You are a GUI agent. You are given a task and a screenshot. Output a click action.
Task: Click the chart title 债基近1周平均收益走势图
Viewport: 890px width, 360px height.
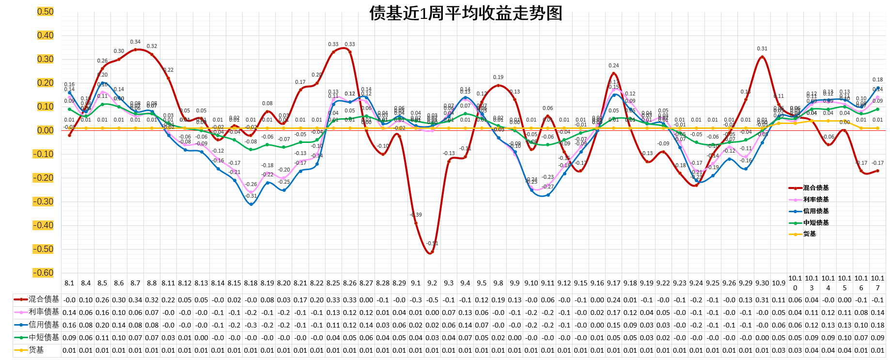click(x=466, y=13)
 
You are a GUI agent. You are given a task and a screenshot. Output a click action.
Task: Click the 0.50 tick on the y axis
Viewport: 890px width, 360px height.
click(x=45, y=12)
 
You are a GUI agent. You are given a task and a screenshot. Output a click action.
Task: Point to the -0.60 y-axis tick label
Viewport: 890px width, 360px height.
click(x=44, y=273)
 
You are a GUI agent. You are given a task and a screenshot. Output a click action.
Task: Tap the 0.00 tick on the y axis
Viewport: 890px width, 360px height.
click(x=45, y=130)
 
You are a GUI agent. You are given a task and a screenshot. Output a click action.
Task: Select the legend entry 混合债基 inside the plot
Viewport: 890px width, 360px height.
click(x=816, y=188)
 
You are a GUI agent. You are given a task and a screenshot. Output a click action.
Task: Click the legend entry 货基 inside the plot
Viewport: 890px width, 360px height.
click(x=810, y=234)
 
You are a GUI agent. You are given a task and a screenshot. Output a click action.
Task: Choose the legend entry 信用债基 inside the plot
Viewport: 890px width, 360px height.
click(x=816, y=211)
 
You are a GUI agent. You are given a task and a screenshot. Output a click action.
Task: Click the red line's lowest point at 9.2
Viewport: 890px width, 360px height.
click(x=432, y=252)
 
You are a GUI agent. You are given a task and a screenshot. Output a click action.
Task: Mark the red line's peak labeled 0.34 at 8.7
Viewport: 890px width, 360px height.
click(x=135, y=49)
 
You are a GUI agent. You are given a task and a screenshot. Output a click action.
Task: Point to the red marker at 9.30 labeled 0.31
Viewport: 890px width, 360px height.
click(x=762, y=57)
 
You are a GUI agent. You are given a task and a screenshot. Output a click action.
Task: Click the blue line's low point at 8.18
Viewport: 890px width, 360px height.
click(x=250, y=204)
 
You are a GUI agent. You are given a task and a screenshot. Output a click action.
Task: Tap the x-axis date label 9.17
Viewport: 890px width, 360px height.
click(x=613, y=283)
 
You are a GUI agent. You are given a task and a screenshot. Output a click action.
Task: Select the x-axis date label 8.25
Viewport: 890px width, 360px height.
click(x=333, y=283)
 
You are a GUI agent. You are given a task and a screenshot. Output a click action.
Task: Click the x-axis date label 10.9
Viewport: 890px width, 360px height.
click(x=779, y=283)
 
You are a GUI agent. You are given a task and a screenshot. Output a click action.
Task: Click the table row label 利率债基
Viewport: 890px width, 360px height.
click(x=44, y=312)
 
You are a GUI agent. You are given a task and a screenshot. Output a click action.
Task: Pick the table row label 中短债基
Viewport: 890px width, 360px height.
click(x=44, y=337)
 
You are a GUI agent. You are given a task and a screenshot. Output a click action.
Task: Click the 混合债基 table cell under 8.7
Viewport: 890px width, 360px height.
click(x=135, y=300)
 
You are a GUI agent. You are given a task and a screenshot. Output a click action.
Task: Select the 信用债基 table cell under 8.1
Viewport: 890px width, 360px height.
click(x=69, y=325)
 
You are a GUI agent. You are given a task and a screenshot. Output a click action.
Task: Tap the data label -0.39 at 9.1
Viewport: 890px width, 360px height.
click(x=416, y=215)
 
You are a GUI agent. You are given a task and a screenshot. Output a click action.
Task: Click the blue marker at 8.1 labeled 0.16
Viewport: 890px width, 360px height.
click(x=69, y=93)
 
